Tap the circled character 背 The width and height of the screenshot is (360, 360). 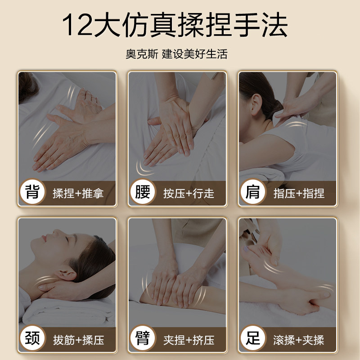point(33,193)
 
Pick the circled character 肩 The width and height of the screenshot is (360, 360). point(252,193)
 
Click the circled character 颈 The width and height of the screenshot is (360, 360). point(33,338)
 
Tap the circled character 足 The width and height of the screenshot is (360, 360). point(252,338)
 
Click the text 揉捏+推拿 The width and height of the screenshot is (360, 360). point(78,194)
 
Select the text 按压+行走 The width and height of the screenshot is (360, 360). point(189,194)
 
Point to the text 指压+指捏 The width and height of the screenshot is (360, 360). point(299,194)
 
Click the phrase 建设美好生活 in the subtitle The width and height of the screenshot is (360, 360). point(195,54)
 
